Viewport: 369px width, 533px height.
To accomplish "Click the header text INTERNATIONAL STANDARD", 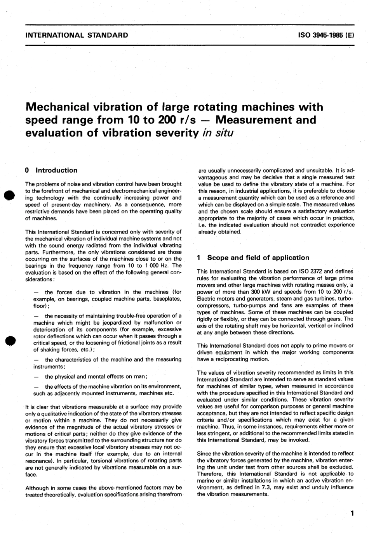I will click(77, 35).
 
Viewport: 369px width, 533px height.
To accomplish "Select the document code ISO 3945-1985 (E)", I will click(326, 35).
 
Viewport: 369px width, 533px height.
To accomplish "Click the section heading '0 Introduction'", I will click(51, 170).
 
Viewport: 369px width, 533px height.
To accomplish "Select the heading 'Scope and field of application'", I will click(258, 258).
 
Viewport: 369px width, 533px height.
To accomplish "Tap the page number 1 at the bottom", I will click(352, 514).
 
